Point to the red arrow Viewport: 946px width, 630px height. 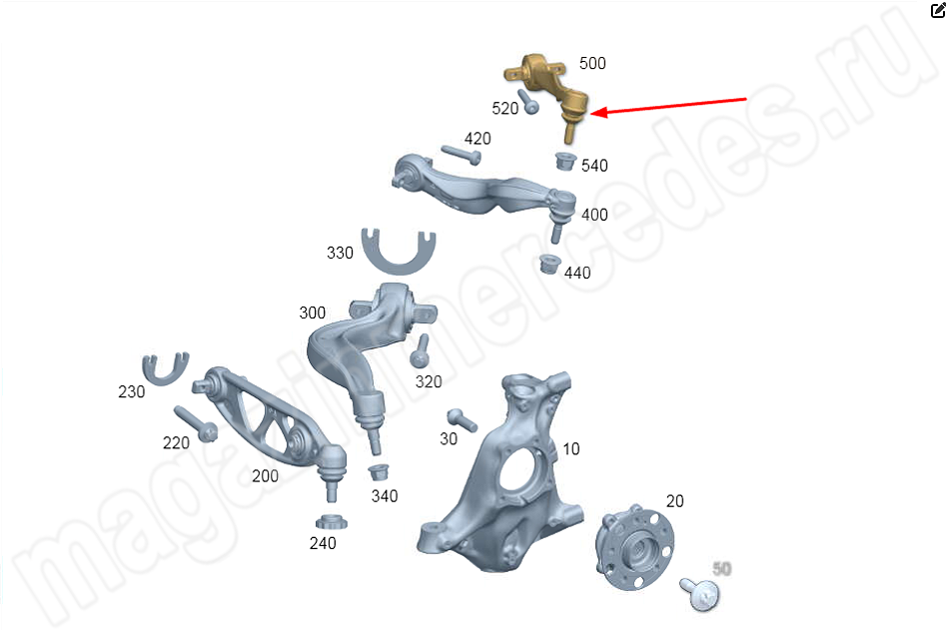click(668, 106)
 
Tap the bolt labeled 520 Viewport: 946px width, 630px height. click(527, 102)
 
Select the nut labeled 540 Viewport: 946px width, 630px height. click(565, 161)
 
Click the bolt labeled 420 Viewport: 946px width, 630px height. click(462, 155)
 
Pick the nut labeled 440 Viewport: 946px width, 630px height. click(549, 264)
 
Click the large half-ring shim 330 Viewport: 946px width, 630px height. click(399, 252)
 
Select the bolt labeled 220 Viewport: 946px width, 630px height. click(196, 423)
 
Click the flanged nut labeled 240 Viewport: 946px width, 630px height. click(332, 522)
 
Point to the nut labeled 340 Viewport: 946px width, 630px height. click(379, 471)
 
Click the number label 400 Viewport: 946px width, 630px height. click(594, 215)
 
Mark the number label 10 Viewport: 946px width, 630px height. click(570, 449)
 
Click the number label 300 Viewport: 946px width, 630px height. click(312, 313)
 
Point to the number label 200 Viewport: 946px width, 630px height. click(265, 476)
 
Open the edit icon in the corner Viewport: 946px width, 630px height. click(938, 10)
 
